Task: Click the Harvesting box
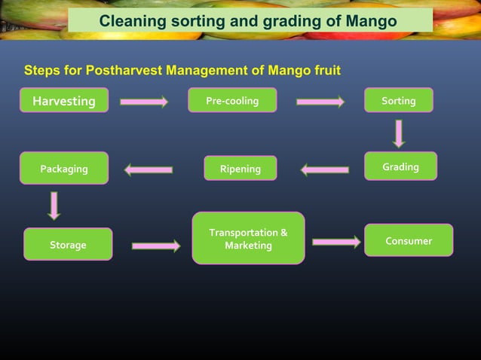[64, 100]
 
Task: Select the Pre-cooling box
[232, 100]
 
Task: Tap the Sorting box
[398, 100]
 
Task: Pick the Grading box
[400, 166]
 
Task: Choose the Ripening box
[240, 169]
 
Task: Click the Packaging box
[64, 169]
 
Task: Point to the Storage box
[68, 245]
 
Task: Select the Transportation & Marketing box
[248, 239]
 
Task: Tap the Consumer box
[409, 240]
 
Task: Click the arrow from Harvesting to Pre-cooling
[143, 102]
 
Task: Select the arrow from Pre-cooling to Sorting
[320, 102]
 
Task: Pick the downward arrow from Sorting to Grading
[398, 133]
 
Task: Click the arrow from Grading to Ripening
[325, 169]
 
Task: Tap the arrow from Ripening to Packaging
[149, 169]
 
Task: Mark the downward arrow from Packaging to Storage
[54, 206]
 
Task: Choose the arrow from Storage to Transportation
[156, 246]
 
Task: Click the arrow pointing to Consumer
[336, 242]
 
